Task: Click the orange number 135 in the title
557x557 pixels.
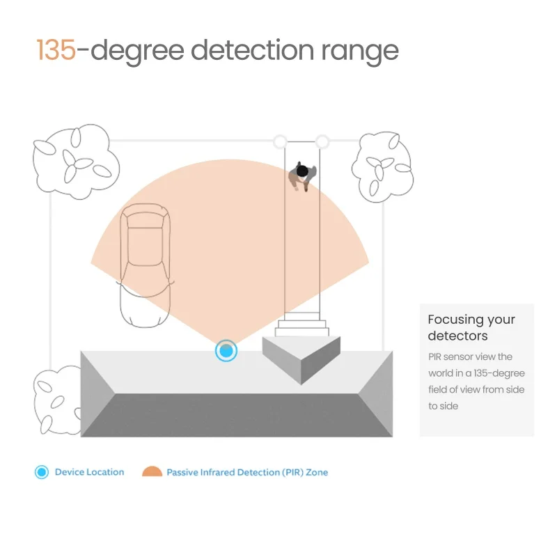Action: pyautogui.click(x=56, y=50)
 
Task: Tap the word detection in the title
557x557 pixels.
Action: pyautogui.click(x=253, y=49)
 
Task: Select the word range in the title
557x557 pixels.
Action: pyautogui.click(x=360, y=54)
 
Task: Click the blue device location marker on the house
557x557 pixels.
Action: pyautogui.click(x=226, y=351)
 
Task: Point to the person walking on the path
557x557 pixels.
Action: pyautogui.click(x=302, y=175)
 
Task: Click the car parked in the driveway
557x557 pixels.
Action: pyautogui.click(x=145, y=265)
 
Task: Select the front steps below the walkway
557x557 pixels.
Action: pyautogui.click(x=302, y=324)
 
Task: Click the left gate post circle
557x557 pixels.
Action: pyautogui.click(x=281, y=141)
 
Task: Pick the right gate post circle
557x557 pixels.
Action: pyautogui.click(x=322, y=141)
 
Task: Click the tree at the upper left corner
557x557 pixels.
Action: pyautogui.click(x=76, y=162)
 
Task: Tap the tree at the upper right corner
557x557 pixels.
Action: pyautogui.click(x=382, y=167)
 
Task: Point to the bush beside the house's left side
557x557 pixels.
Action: pyautogui.click(x=58, y=400)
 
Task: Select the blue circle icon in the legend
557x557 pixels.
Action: pyautogui.click(x=42, y=472)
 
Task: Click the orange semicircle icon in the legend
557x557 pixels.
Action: pyautogui.click(x=152, y=471)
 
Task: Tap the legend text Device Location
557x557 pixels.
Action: pyautogui.click(x=90, y=472)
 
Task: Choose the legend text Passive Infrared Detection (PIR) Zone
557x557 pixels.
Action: pyautogui.click(x=247, y=473)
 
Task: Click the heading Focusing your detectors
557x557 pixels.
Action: pyautogui.click(x=471, y=327)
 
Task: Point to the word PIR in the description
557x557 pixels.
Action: pyautogui.click(x=434, y=356)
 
